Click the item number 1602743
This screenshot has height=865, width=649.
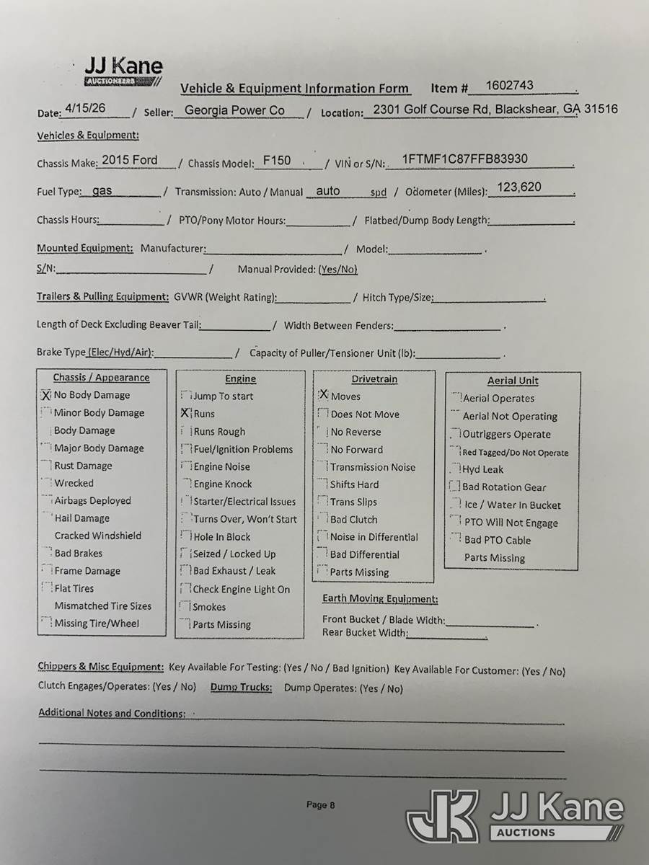tap(509, 85)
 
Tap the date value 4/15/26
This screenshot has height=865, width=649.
tap(85, 108)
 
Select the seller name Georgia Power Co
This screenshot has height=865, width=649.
tap(234, 110)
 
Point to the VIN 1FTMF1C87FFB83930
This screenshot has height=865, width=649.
tap(464, 159)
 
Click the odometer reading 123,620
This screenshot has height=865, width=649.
tap(519, 187)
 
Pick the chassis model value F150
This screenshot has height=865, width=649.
tap(277, 161)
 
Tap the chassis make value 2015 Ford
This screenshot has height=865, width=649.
tap(130, 160)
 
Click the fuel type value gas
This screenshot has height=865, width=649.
tap(102, 191)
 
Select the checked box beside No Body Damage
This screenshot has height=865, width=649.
tap(46, 395)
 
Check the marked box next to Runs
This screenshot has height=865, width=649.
tap(185, 414)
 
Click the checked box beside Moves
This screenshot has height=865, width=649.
tap(323, 395)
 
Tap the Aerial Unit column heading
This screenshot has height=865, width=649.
tap(513, 381)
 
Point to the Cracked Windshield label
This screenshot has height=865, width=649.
tap(98, 536)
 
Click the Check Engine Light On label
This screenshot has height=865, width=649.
tap(241, 589)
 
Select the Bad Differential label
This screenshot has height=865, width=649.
tap(364, 554)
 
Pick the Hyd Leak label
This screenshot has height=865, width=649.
tap(482, 469)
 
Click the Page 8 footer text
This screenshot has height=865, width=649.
tap(321, 805)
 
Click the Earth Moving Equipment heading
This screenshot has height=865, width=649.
tap(380, 599)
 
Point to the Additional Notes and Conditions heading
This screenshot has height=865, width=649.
tap(112, 713)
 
